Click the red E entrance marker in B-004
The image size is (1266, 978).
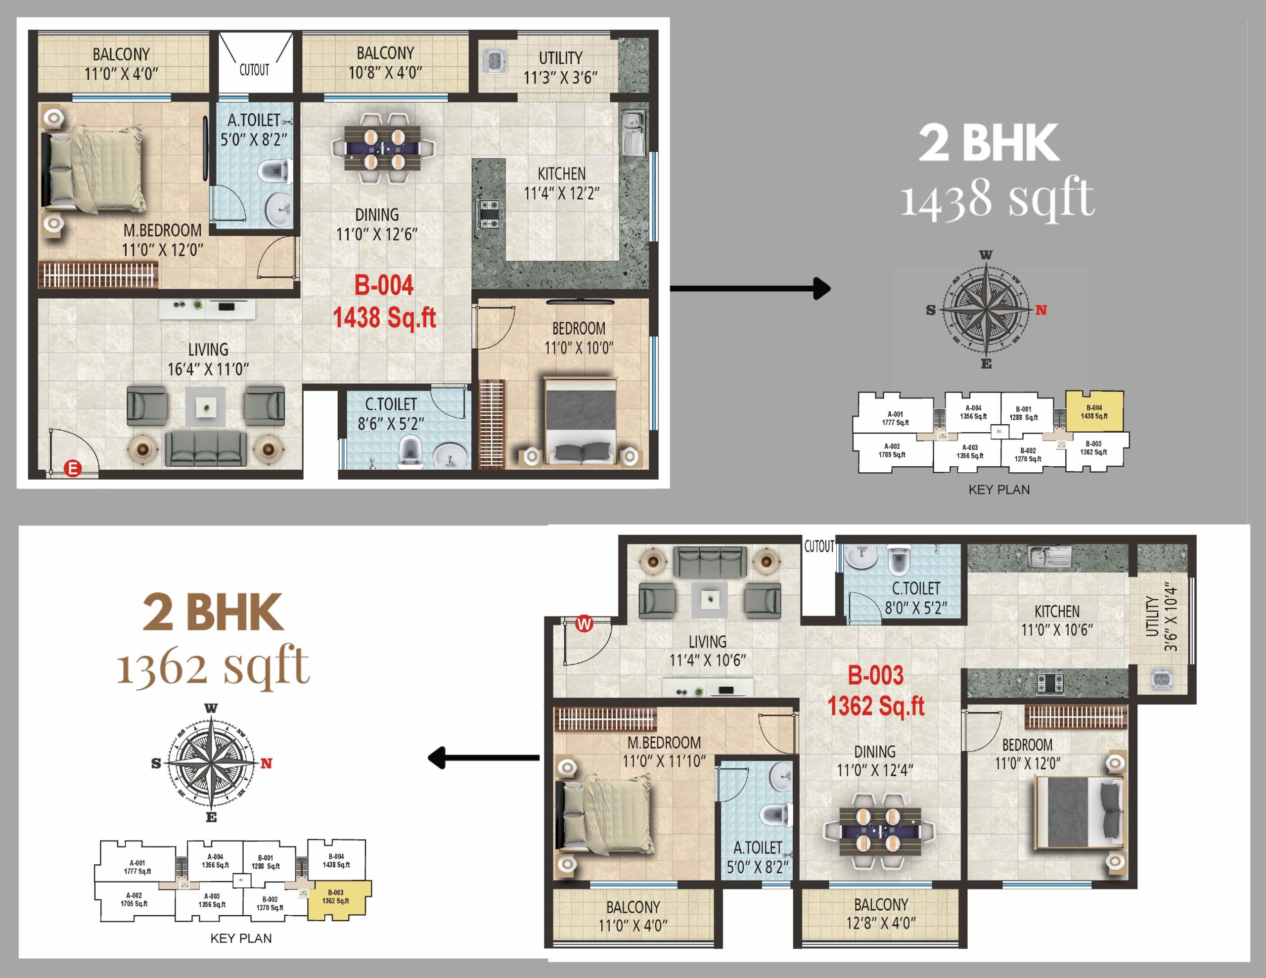[x=73, y=468]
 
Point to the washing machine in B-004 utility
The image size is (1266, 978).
[x=495, y=60]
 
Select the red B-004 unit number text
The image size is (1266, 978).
[x=384, y=285]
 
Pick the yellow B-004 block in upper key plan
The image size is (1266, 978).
[x=1094, y=411]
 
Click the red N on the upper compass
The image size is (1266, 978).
[x=1041, y=310]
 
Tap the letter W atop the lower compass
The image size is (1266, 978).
[x=211, y=709]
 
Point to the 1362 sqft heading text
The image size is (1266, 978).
[x=213, y=666]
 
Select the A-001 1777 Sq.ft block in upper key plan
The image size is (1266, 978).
[x=895, y=418]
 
